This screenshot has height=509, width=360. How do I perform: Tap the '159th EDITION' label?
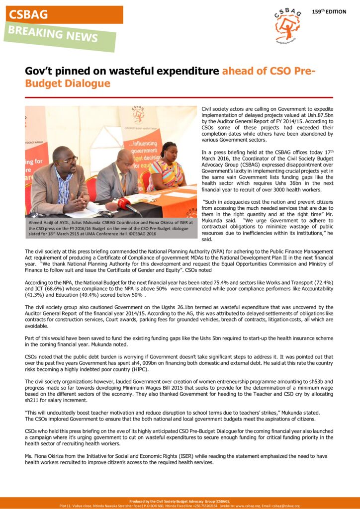(x=329, y=11)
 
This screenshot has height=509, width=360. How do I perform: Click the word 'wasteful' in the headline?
(x=141, y=71)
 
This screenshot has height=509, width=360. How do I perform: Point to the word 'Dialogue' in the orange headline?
(x=86, y=84)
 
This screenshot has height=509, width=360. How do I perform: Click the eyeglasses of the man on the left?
(x=69, y=160)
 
